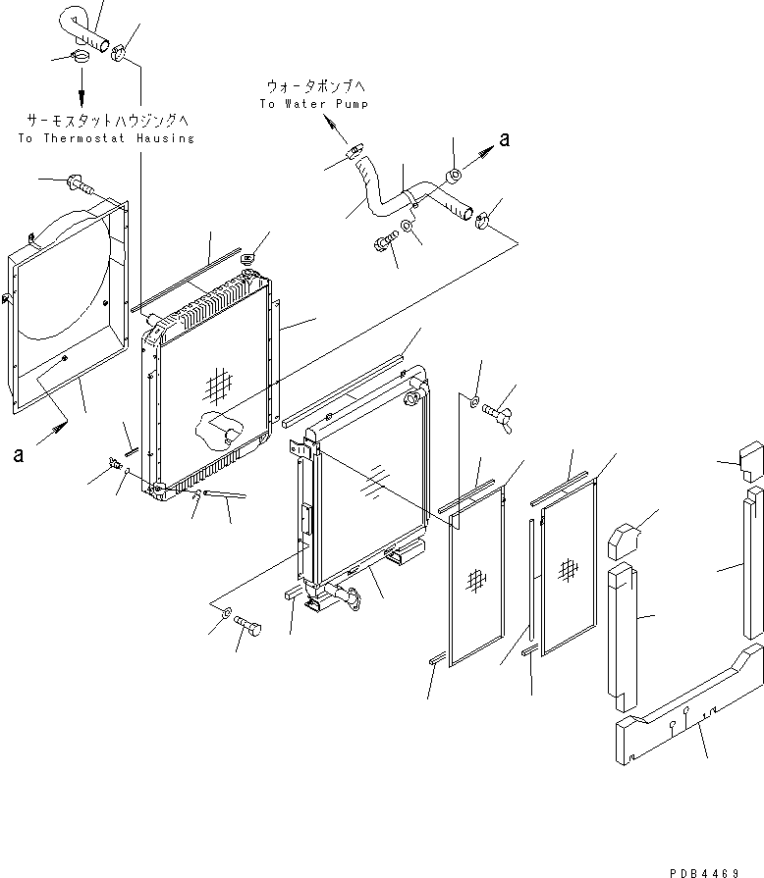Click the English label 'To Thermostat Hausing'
tap(106, 138)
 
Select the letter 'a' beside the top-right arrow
tap(504, 140)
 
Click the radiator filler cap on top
tap(247, 259)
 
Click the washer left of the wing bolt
tap(473, 400)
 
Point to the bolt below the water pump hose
tap(384, 241)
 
